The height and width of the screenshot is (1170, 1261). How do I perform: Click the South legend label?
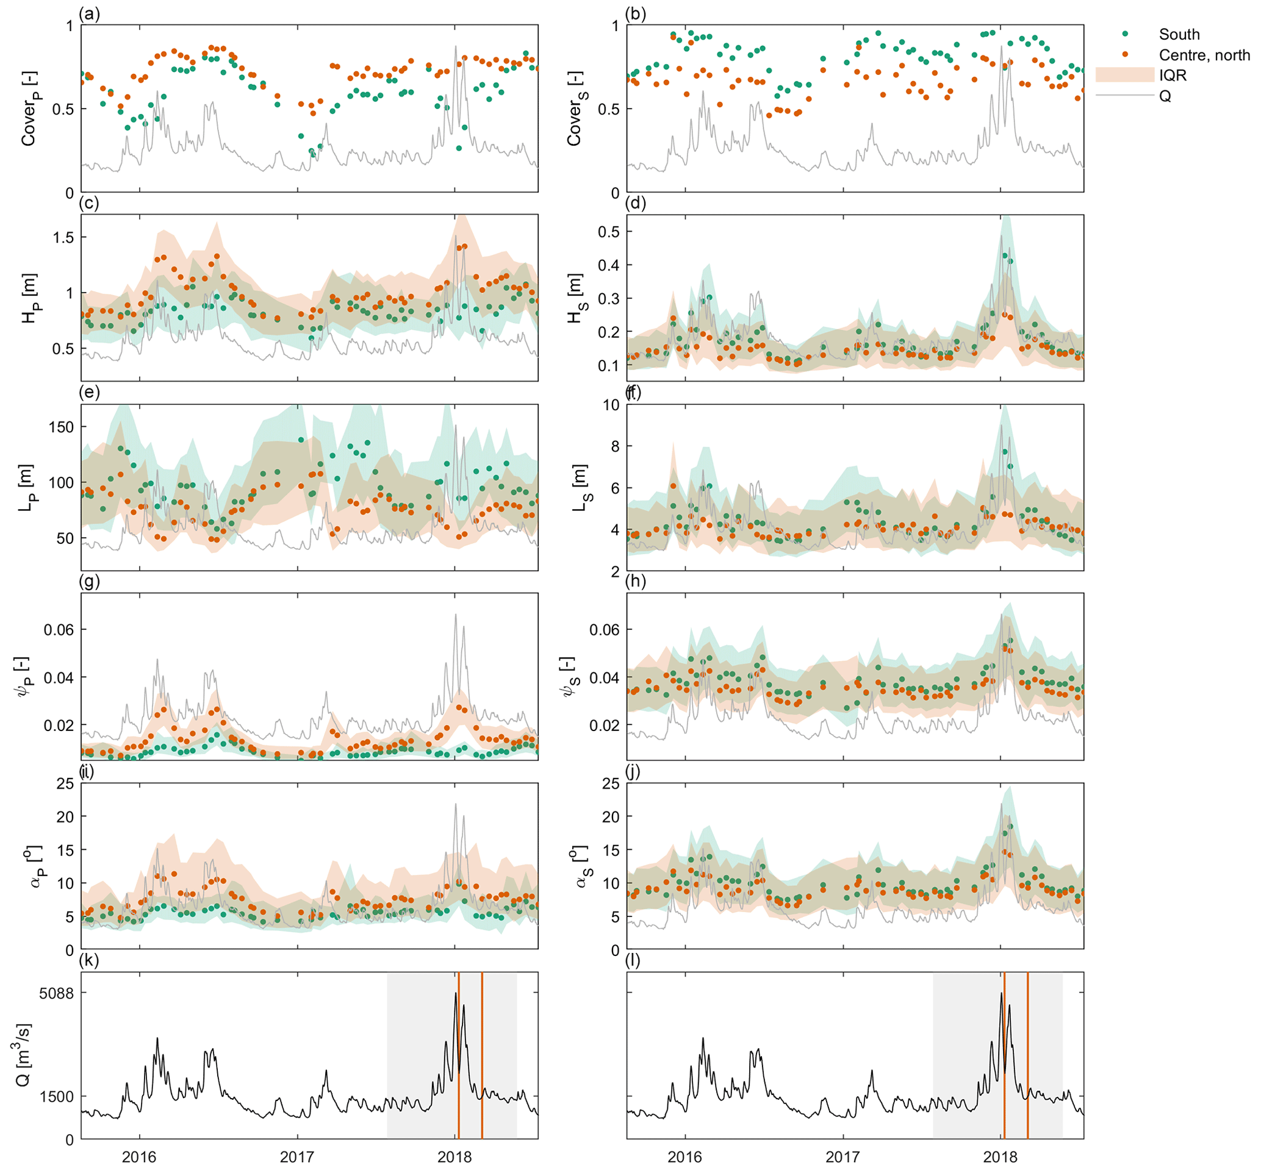[1179, 35]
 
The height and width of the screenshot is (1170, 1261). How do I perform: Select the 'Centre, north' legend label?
[1204, 55]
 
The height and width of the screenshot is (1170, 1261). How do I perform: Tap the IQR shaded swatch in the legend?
[1124, 76]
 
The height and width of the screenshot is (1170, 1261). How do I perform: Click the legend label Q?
[1165, 96]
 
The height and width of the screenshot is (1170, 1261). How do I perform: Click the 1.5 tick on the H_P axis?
[61, 237]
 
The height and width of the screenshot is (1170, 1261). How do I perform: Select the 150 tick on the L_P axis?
[61, 427]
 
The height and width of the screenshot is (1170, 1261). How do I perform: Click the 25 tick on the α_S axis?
[611, 784]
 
